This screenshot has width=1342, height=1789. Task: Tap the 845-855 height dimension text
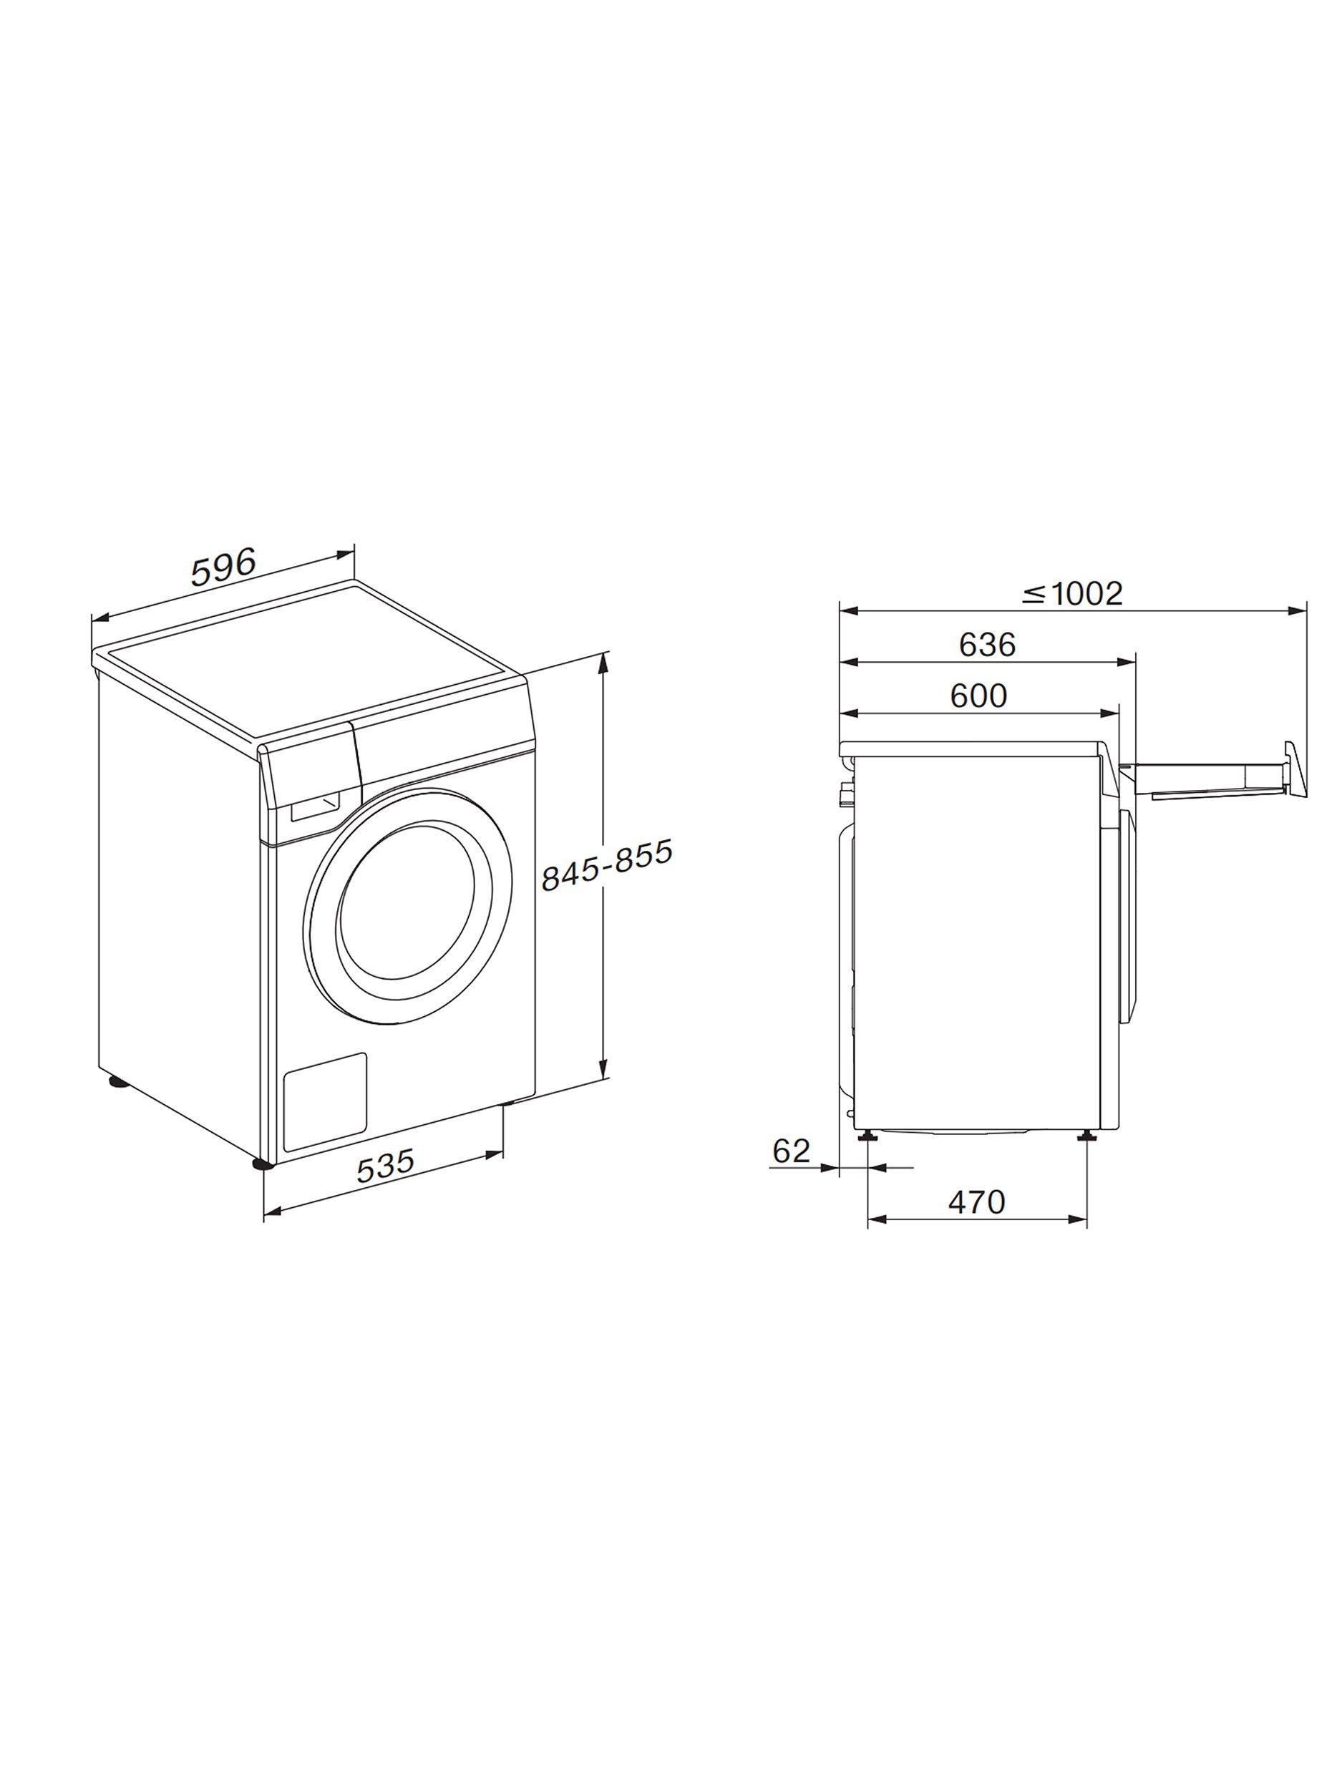point(606,864)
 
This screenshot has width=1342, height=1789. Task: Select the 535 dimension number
point(385,1166)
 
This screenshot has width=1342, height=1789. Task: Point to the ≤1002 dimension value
point(1072,595)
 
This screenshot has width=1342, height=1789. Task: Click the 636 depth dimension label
point(987,645)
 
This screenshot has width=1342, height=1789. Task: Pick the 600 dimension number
point(979,695)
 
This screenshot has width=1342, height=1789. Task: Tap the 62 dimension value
point(790,1150)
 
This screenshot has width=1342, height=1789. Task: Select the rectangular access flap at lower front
point(325,1098)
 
